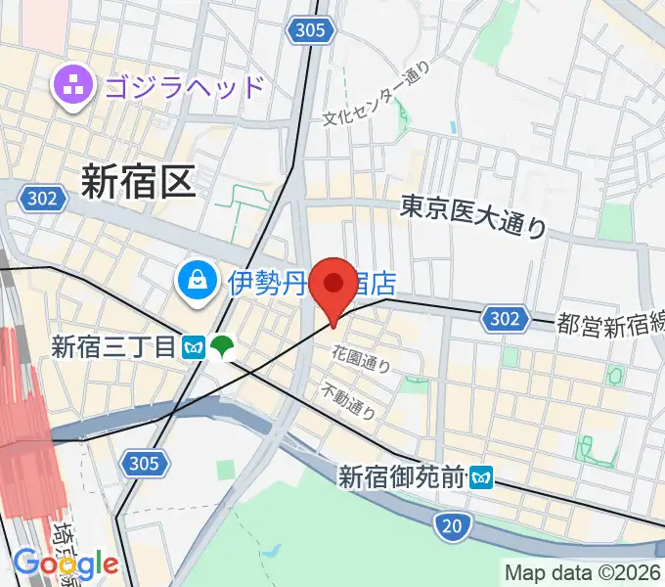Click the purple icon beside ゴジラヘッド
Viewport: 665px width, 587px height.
coord(71,86)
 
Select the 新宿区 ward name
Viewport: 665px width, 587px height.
coord(138,181)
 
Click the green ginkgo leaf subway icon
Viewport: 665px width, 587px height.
coord(223,346)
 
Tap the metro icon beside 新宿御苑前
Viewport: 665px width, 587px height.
coord(481,477)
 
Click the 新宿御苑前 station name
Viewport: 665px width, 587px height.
coord(402,477)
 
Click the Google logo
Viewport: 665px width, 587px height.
coord(66,564)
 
